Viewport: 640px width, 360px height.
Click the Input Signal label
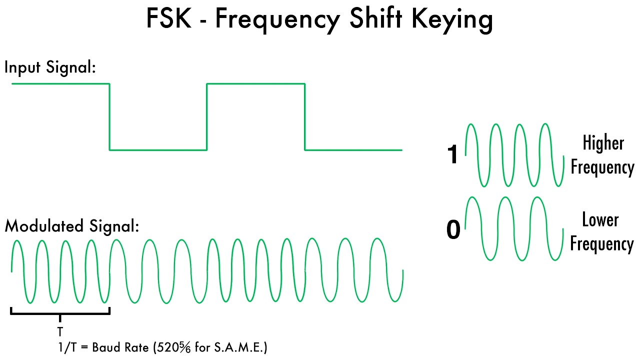pyautogui.click(x=50, y=67)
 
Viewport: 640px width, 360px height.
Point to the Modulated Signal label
pyautogui.click(x=71, y=226)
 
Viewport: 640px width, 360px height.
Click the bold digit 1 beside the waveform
pyautogui.click(x=452, y=155)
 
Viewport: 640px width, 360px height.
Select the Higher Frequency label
pyautogui.click(x=602, y=155)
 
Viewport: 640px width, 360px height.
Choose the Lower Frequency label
pyautogui.click(x=602, y=232)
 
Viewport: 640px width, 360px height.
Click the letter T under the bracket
pyautogui.click(x=60, y=331)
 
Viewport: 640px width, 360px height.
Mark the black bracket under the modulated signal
pyautogui.click(x=60, y=313)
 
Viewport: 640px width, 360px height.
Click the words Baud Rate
pyautogui.click(x=122, y=347)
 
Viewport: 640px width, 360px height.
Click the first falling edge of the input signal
pyautogui.click(x=109, y=116)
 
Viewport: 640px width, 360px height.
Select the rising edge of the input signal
pyautogui.click(x=207, y=116)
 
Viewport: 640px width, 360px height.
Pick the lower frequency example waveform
pyautogui.click(x=515, y=228)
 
